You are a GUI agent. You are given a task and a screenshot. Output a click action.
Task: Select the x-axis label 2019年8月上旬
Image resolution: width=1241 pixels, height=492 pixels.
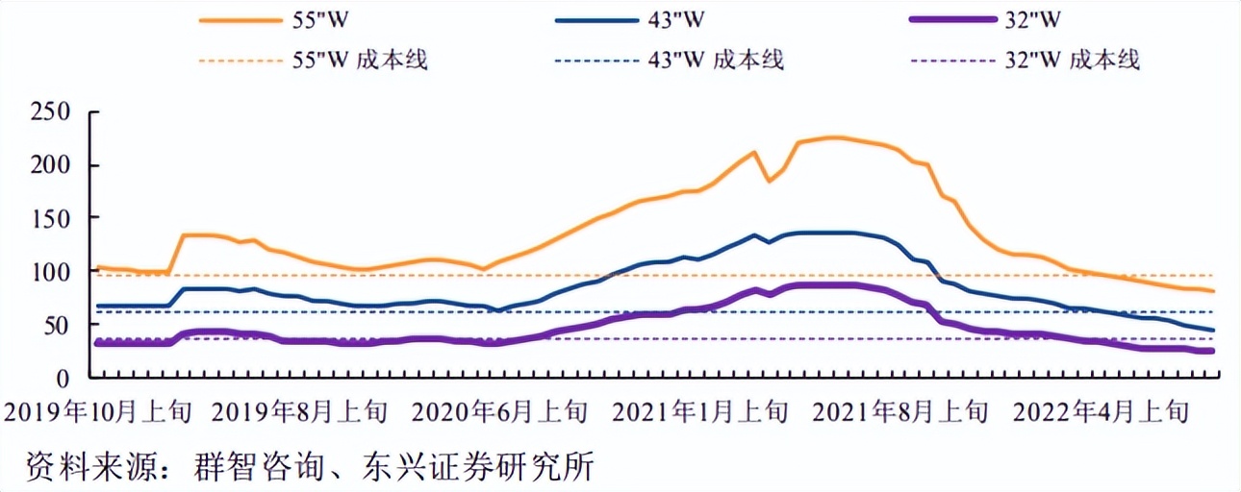(299, 413)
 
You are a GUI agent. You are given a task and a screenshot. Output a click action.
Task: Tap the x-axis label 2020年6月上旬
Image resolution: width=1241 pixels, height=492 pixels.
(499, 413)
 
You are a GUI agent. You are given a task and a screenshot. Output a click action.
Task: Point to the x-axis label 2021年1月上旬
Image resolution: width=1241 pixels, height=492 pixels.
(699, 413)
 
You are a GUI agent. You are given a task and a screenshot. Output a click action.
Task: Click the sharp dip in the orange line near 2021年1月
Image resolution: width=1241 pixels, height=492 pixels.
(769, 180)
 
